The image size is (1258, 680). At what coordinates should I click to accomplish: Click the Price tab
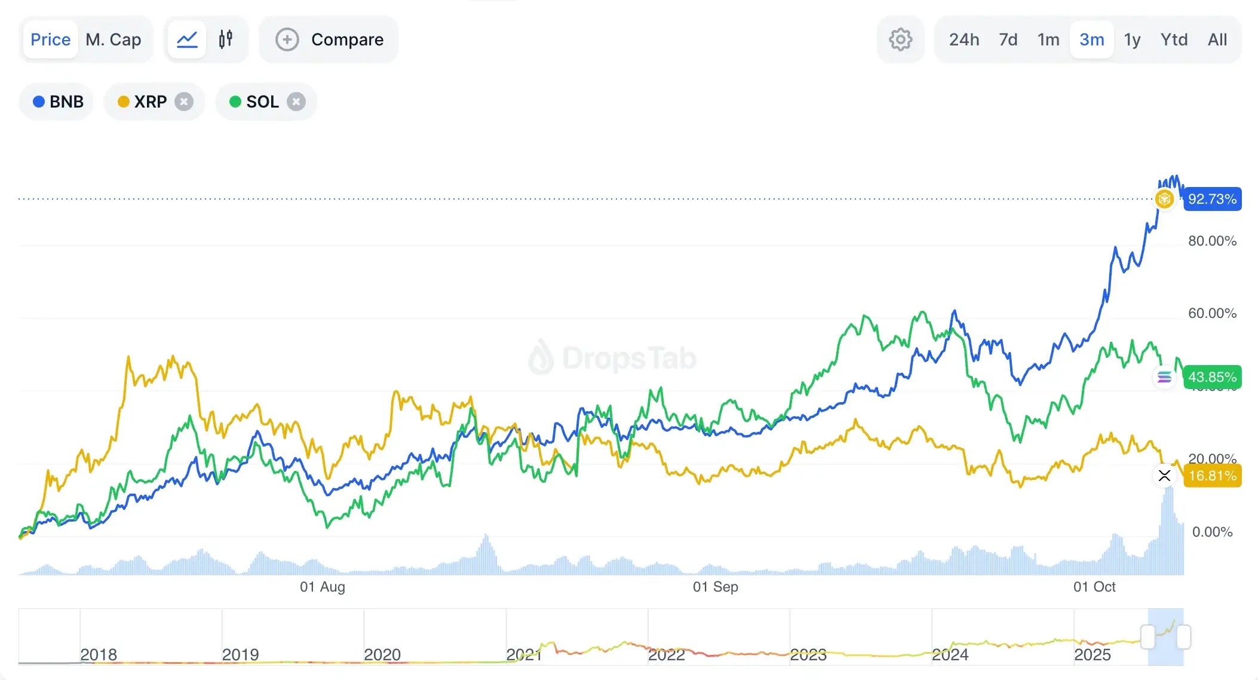[51, 39]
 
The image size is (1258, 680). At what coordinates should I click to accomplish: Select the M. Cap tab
[113, 39]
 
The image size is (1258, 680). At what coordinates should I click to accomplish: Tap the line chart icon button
[187, 39]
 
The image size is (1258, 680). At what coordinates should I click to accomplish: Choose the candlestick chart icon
[226, 39]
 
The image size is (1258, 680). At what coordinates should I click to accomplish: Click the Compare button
[329, 39]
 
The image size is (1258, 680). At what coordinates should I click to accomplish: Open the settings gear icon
[900, 39]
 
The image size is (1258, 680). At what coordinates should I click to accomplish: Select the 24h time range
[964, 39]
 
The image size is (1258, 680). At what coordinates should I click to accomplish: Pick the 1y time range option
[1132, 39]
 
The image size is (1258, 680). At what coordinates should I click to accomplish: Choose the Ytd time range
[1174, 39]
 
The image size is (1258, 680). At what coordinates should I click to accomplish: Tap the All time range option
[1217, 39]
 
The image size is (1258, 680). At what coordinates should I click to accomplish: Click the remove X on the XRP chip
[184, 102]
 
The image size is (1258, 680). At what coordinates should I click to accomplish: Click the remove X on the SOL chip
[296, 102]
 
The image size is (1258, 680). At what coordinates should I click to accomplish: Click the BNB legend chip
[58, 102]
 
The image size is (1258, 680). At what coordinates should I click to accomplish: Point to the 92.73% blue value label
[1212, 199]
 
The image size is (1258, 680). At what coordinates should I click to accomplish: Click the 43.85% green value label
[1212, 377]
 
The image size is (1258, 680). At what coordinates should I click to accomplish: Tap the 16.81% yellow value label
[1212, 476]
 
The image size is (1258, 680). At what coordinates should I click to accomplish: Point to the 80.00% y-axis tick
[1212, 241]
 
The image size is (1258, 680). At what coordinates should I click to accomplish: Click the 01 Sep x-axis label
[715, 587]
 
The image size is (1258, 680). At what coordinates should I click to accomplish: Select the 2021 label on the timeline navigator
[523, 655]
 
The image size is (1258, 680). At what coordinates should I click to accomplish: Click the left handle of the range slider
[1147, 637]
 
